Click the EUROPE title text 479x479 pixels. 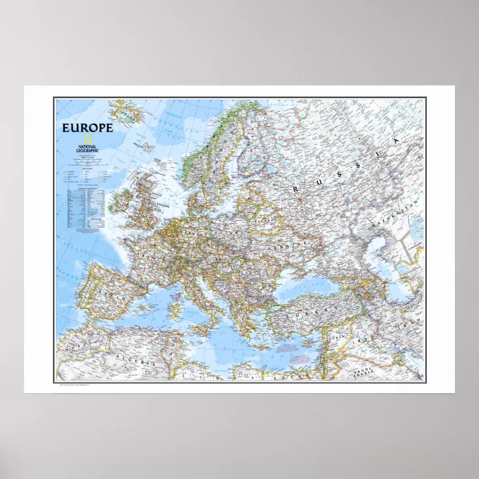pos(87,128)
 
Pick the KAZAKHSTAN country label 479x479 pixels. pos(394,215)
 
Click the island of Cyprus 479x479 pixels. pos(306,345)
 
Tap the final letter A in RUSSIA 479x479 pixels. pos(394,141)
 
